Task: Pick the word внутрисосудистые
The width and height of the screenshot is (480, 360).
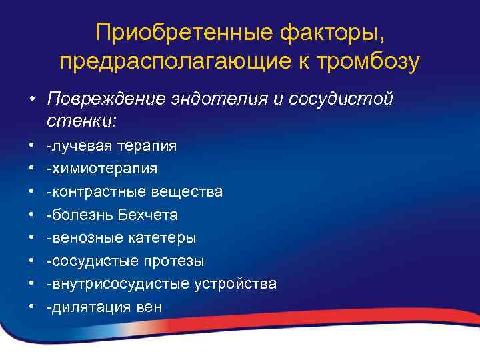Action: [119, 284]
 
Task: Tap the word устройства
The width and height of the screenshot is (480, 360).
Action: [235, 284]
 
